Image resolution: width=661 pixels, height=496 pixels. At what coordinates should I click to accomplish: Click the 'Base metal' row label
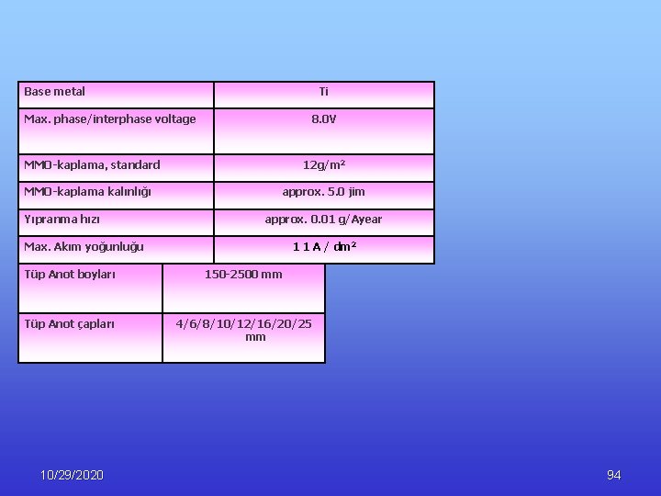tap(55, 92)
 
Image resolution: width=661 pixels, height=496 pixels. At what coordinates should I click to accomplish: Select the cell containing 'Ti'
tap(323, 92)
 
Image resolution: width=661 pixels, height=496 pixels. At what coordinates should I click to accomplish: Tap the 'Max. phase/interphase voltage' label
tap(110, 119)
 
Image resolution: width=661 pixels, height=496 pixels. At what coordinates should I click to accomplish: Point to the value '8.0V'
tap(323, 119)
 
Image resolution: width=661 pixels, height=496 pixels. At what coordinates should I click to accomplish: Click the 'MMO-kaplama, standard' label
tap(92, 165)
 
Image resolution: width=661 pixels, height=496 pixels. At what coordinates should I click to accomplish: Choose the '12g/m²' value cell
tap(323, 165)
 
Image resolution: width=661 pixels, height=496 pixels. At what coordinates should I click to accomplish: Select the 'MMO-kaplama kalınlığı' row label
tap(88, 192)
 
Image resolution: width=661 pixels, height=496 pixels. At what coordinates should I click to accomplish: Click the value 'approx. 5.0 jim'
tap(323, 192)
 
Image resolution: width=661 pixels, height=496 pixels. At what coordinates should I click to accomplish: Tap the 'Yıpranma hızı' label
tap(62, 220)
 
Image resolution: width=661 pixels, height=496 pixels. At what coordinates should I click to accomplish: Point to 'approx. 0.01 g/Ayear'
tap(323, 220)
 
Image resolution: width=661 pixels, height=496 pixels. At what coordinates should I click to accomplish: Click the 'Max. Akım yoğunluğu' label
tap(84, 247)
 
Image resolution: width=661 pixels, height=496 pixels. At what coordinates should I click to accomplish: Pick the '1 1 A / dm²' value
tap(324, 247)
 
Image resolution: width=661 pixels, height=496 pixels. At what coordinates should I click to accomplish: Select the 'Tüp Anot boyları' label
tap(70, 275)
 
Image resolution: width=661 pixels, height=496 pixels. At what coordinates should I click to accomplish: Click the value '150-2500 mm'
tap(243, 275)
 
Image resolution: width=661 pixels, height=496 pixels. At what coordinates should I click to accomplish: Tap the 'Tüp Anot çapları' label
tap(70, 323)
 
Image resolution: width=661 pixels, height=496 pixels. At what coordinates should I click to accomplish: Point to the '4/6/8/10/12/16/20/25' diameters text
tap(243, 323)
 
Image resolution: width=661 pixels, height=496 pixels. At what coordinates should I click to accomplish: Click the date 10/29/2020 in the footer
tap(73, 475)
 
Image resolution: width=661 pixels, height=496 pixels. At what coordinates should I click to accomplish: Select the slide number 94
tap(614, 475)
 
